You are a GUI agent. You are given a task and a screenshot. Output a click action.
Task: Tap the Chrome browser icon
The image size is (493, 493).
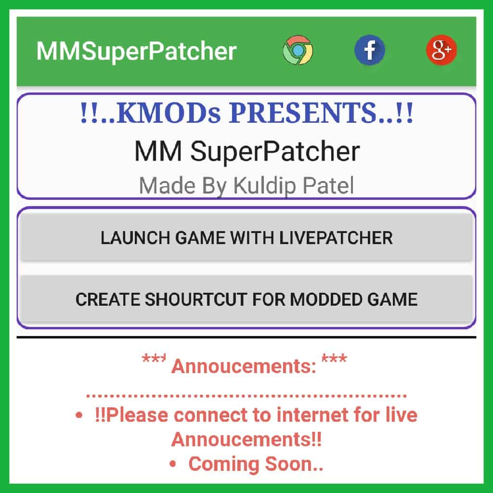click(298, 51)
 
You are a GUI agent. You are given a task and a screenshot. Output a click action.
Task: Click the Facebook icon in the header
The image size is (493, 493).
click(369, 51)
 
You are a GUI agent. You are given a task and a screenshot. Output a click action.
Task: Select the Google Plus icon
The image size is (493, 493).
click(441, 51)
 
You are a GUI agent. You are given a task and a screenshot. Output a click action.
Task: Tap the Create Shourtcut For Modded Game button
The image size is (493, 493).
click(246, 299)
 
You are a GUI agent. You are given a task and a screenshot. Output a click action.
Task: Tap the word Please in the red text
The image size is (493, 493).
click(137, 415)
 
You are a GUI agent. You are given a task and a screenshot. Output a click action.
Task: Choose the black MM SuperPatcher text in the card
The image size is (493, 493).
click(246, 152)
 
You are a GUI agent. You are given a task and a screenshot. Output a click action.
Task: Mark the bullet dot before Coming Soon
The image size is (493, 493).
click(173, 465)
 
